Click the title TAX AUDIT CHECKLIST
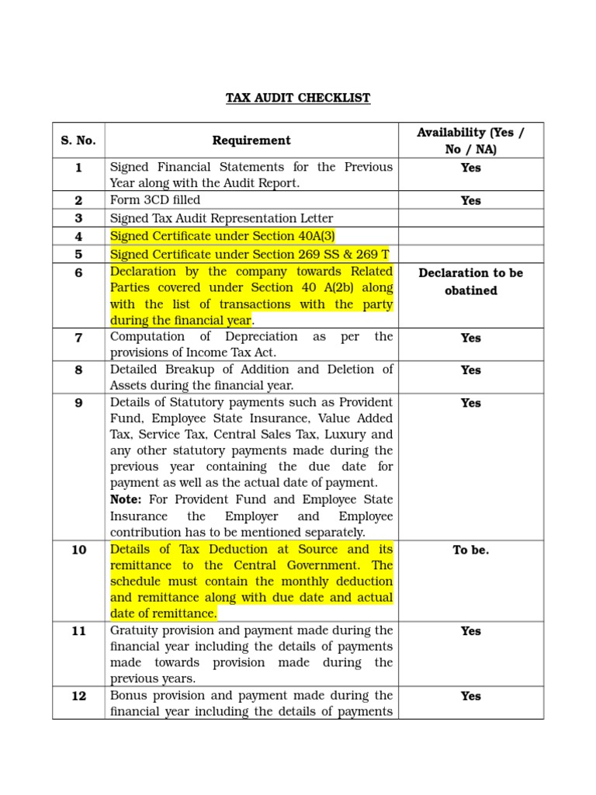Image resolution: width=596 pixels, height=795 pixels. click(298, 98)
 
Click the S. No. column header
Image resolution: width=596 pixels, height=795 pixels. click(78, 141)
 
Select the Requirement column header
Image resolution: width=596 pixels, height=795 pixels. click(251, 141)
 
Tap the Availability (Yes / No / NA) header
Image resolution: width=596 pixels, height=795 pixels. click(470, 141)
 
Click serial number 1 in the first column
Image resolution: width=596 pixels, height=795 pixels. click(78, 168)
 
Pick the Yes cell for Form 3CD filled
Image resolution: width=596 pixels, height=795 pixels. click(470, 200)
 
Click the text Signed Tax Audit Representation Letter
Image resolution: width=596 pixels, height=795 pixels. click(221, 219)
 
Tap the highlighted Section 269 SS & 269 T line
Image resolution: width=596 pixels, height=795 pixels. click(250, 255)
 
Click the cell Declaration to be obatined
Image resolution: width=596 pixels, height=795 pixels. click(470, 282)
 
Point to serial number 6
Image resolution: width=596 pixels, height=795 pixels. click(78, 273)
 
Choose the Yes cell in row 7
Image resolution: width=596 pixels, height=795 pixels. click(470, 338)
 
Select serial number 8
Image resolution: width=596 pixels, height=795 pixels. click(78, 370)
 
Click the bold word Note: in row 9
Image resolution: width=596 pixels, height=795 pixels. click(126, 500)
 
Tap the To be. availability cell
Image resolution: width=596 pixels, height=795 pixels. click(470, 550)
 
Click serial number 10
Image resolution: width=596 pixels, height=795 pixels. click(78, 550)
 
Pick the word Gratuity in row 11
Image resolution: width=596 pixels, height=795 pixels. click(134, 630)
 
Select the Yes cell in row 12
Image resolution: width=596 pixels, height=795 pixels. click(470, 696)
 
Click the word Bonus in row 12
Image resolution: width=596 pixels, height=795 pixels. click(128, 696)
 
